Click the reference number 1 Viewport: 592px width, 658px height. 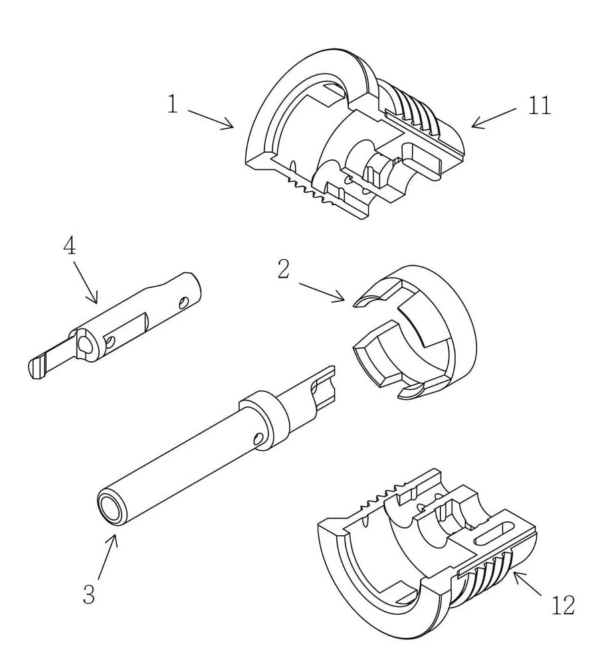point(173,104)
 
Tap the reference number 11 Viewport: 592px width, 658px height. point(539,105)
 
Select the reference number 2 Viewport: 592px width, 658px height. point(284,270)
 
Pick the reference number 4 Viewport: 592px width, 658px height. point(70,245)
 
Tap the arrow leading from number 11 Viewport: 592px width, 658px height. point(494,118)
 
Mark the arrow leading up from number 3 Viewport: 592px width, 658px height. point(108,557)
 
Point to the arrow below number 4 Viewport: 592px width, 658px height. point(86,283)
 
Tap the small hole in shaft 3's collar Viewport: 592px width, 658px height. point(259,439)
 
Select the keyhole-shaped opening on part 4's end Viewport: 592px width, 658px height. point(86,344)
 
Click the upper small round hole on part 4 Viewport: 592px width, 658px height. point(184,302)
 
